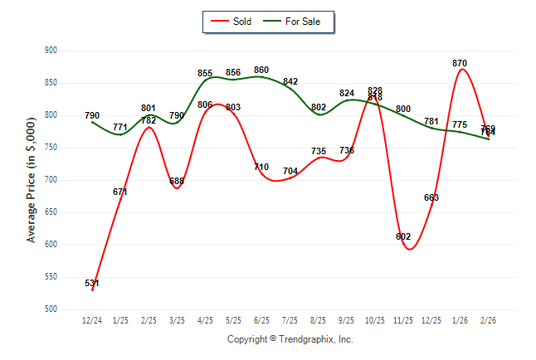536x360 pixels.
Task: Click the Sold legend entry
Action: tap(233, 21)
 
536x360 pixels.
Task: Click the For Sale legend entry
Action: tap(296, 21)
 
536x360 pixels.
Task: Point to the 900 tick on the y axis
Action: tap(51, 51)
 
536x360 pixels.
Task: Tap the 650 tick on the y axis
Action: tap(51, 212)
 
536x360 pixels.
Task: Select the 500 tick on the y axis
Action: tap(51, 309)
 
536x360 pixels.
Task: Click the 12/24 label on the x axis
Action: tap(92, 320)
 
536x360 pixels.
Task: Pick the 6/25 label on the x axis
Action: tap(262, 320)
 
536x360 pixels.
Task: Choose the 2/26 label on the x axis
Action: tap(489, 320)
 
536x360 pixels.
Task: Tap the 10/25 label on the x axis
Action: tap(375, 320)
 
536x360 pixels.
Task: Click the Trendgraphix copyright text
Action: tap(290, 339)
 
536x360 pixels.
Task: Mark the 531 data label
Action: tap(92, 284)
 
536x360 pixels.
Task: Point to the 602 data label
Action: tap(403, 237)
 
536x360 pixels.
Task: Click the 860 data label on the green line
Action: tap(261, 71)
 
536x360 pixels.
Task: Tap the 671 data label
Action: tap(120, 192)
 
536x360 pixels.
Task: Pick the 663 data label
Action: tap(431, 197)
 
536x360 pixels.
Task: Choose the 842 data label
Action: tap(290, 81)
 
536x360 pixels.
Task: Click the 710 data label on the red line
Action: tap(261, 167)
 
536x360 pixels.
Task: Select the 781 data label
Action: tap(431, 121)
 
